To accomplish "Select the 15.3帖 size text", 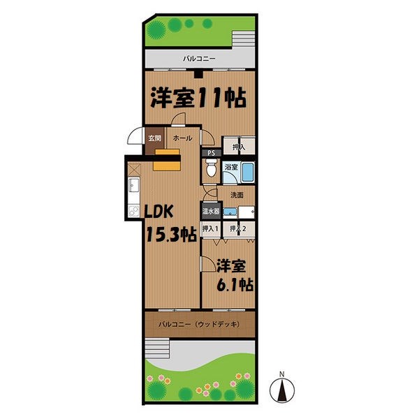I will [170, 235].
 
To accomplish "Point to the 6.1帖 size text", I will [234, 285].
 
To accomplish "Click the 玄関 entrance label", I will [154, 138].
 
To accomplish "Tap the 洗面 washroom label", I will [237, 195].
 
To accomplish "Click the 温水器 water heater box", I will [211, 211].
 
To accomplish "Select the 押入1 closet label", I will [210, 228].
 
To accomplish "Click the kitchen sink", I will [133, 186].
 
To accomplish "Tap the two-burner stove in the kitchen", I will [133, 212].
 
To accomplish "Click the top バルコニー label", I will [199, 59].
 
